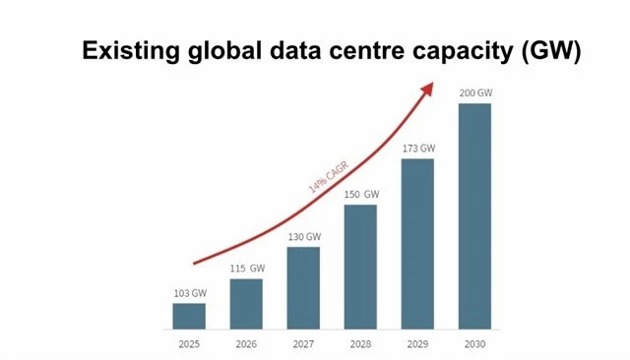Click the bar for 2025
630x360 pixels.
(x=189, y=316)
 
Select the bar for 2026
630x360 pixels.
(x=246, y=304)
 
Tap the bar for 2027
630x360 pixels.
(x=303, y=287)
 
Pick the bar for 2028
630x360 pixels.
(x=360, y=267)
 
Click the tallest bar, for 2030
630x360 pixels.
(x=474, y=215)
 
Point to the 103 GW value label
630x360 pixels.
(x=189, y=293)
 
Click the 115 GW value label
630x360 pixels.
(x=246, y=269)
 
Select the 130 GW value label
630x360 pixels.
(x=303, y=237)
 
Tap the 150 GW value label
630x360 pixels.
(x=360, y=195)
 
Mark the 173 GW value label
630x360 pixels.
(x=417, y=149)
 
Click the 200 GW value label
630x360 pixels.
(x=474, y=93)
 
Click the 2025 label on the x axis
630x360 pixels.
(x=189, y=343)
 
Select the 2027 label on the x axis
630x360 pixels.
(x=303, y=343)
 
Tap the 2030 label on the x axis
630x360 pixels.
(x=474, y=343)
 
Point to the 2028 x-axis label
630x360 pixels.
(x=360, y=343)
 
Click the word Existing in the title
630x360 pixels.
(x=130, y=51)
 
